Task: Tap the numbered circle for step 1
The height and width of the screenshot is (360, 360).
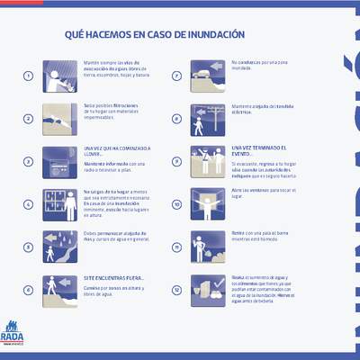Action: pyautogui.click(x=28, y=76)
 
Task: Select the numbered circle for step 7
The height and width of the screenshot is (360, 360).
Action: pyautogui.click(x=177, y=76)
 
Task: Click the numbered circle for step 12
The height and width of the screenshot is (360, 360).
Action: pyautogui.click(x=177, y=291)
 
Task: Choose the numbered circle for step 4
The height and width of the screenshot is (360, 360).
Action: pyautogui.click(x=28, y=204)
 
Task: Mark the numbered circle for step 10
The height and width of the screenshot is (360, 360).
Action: pyautogui.click(x=177, y=204)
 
